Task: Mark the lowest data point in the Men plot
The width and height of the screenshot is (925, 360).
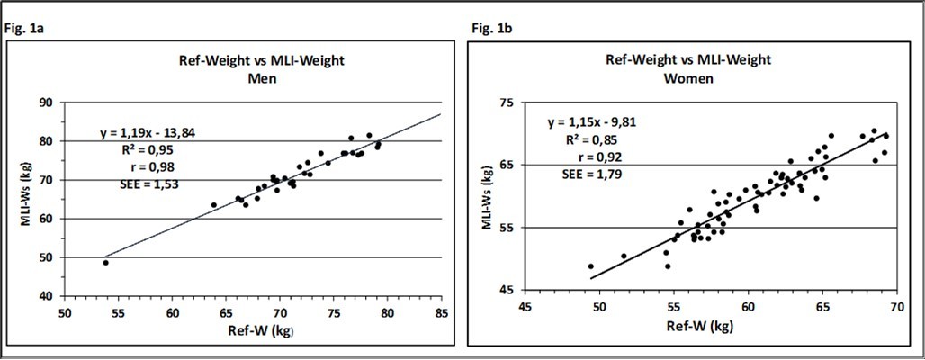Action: point(105,263)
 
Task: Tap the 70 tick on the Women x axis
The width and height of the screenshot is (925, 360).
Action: point(895,306)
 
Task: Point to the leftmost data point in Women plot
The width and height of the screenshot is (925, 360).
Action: point(591,266)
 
